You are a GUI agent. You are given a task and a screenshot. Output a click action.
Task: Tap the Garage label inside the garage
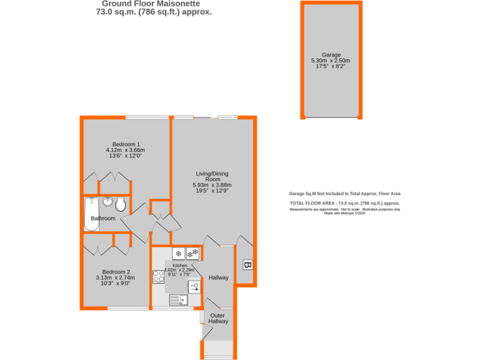click(331, 54)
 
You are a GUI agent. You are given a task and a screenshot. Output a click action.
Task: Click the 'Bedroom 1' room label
click(126, 144)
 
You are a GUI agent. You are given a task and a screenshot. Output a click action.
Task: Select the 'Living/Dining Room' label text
click(212, 176)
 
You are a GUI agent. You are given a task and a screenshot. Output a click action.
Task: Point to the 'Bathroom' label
click(103, 218)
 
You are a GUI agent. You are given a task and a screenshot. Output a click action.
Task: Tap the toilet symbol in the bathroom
click(120, 204)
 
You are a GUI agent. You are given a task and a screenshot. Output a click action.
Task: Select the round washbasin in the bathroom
click(107, 202)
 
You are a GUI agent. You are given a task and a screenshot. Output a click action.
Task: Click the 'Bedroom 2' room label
click(116, 272)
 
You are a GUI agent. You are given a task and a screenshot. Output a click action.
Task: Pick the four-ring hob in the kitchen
click(159, 276)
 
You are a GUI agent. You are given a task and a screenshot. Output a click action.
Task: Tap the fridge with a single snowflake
click(178, 254)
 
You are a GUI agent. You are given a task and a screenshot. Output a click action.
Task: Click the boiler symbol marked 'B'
click(247, 266)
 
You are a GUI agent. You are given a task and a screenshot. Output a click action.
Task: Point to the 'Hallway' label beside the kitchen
click(218, 277)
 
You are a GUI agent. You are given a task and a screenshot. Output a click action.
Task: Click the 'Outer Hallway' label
click(218, 318)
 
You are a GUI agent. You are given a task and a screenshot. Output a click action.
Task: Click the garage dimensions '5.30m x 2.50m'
click(331, 61)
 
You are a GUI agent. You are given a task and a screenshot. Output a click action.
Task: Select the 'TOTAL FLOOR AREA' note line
click(344, 204)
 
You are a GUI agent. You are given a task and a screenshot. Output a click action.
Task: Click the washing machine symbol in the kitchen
click(194, 287)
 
